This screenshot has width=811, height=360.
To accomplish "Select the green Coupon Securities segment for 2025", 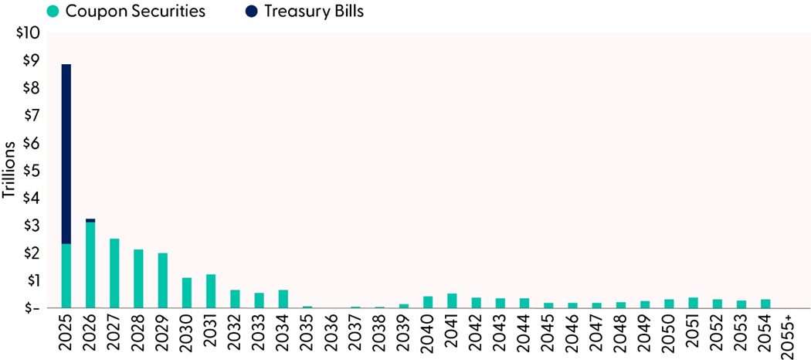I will [66, 276].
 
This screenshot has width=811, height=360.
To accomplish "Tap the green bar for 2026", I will [90, 265].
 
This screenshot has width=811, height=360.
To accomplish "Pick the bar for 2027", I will [114, 273].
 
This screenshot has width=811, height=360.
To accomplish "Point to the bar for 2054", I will [765, 304].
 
